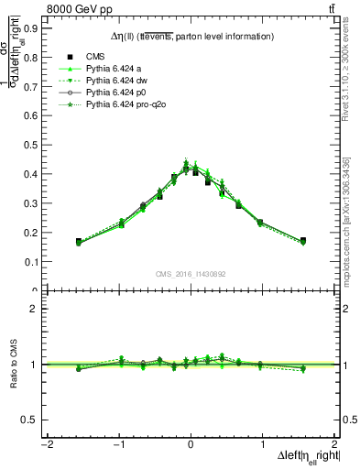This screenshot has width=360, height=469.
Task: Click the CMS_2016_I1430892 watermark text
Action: (x=191, y=274)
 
